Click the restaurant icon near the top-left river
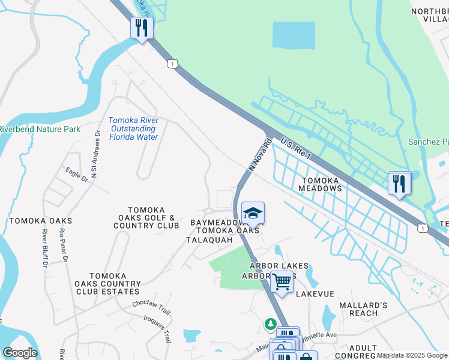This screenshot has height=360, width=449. click(142, 28)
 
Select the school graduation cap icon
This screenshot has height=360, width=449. click(253, 213)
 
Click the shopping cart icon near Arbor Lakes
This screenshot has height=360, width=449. click(281, 281)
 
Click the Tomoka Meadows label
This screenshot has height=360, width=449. click(321, 184)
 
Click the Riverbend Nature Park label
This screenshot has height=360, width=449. click(40, 129)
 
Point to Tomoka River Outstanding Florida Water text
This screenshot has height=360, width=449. click(134, 128)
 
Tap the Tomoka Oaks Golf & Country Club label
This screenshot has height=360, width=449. click(146, 217)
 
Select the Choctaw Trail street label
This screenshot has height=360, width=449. click(152, 305)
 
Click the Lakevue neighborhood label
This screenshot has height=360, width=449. click(315, 293)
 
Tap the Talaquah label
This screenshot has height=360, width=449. click(209, 239)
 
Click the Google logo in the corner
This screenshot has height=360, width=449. click(19, 353)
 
